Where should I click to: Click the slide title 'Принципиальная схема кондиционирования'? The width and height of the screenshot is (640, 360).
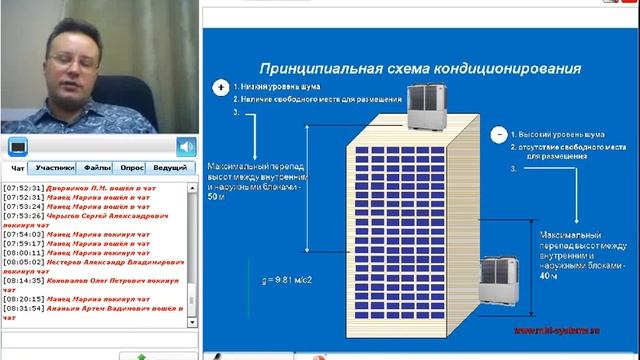420,69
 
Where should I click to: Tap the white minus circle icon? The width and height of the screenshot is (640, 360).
497,133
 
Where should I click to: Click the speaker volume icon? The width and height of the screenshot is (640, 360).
186,147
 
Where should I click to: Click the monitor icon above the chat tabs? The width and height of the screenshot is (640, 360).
18,147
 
